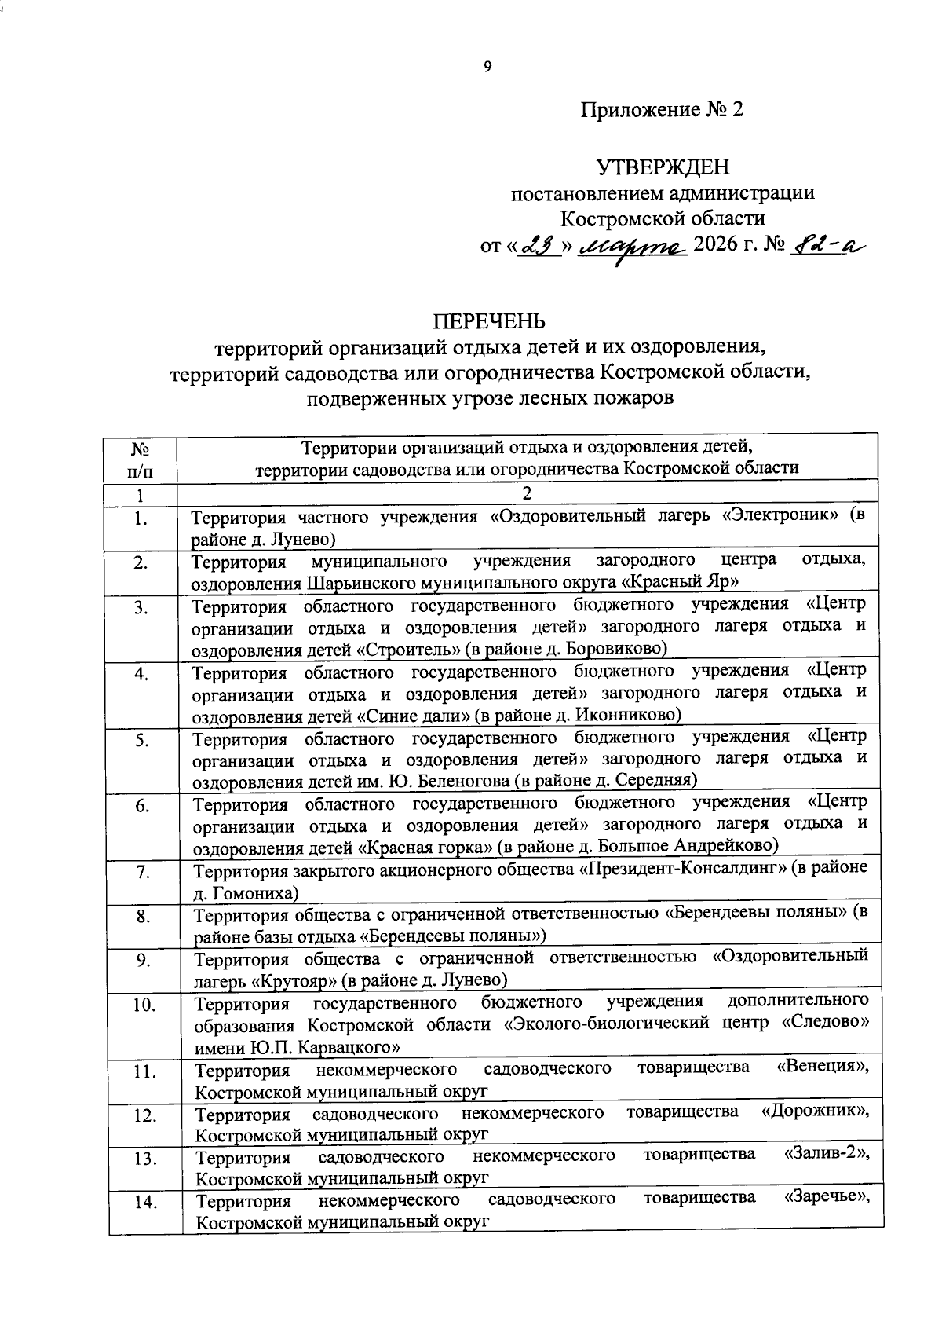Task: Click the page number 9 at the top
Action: pyautogui.click(x=487, y=67)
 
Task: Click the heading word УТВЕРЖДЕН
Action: pyautogui.click(x=663, y=167)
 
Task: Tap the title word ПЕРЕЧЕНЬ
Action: pyautogui.click(x=490, y=321)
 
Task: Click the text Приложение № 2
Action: pyautogui.click(x=662, y=110)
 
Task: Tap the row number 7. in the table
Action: pyautogui.click(x=143, y=871)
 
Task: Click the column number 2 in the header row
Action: pyautogui.click(x=528, y=494)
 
